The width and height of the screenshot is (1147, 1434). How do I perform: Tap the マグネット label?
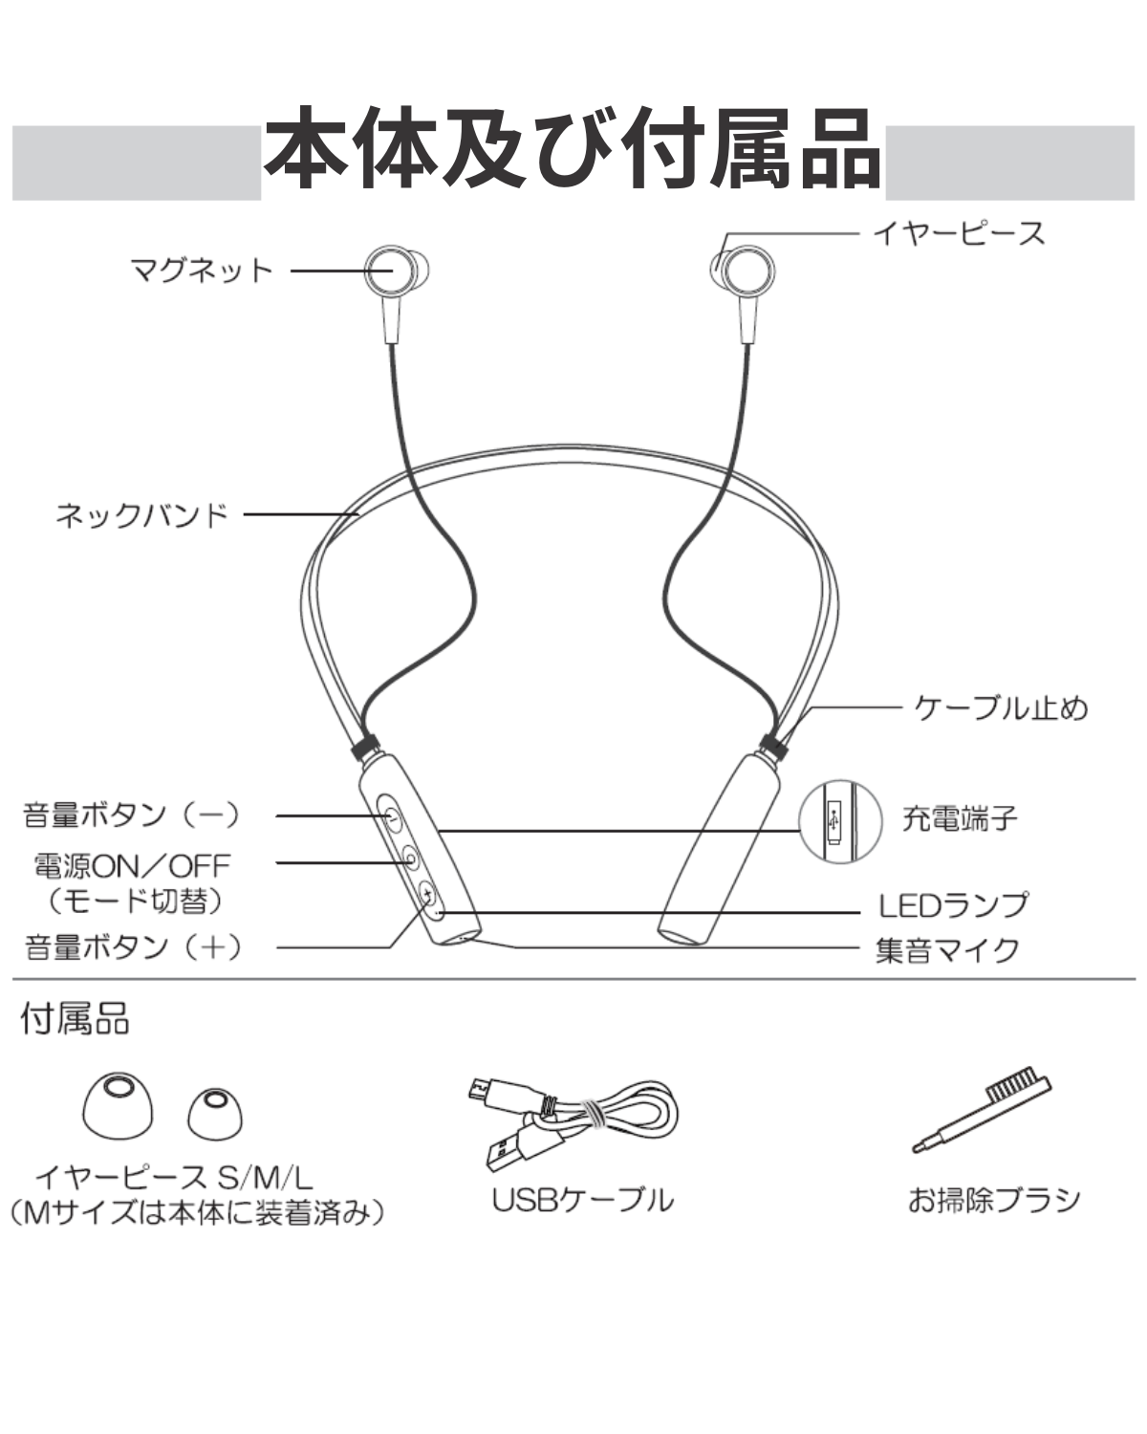202,271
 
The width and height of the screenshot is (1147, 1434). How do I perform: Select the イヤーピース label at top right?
958,233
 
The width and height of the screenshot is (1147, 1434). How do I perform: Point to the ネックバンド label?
141,515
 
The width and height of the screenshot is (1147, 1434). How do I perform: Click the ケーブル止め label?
1001,708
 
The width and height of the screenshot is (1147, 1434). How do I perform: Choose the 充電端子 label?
959,818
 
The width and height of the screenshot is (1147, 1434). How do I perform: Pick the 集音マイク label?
947,950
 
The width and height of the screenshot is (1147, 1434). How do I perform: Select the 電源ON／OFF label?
132,865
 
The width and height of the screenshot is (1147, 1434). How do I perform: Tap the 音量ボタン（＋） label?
134,947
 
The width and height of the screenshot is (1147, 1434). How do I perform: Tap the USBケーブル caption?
582,1200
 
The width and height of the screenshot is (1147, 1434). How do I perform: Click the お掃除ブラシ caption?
993,1199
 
